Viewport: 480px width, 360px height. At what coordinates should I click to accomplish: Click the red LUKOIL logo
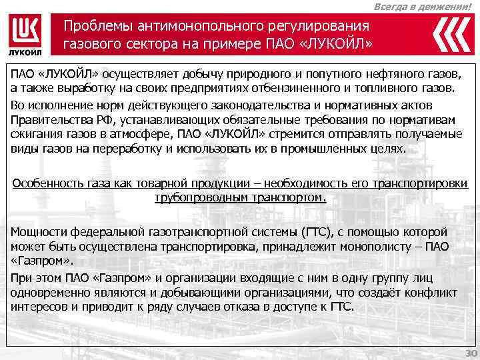click(27, 34)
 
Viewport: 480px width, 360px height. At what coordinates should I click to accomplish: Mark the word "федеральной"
click(107, 232)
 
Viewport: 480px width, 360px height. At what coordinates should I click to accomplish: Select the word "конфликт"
click(433, 293)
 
